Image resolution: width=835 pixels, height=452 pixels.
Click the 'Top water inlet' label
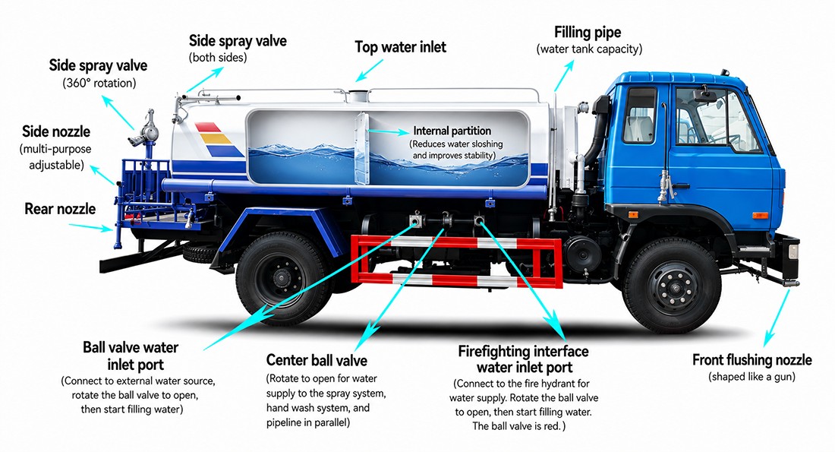click(401, 47)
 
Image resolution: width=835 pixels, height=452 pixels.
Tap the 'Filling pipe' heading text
click(588, 33)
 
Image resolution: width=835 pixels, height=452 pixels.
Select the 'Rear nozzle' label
click(60, 208)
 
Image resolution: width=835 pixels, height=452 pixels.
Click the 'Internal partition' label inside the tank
click(452, 131)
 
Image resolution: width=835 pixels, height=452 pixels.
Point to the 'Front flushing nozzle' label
click(752, 360)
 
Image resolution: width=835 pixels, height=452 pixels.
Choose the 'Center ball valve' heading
click(317, 360)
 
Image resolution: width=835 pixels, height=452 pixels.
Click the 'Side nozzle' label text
click(56, 131)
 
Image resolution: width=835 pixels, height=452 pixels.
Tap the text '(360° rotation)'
click(99, 83)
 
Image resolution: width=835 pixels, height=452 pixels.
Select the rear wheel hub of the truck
click(281, 278)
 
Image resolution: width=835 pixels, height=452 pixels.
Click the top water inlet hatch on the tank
click(358, 96)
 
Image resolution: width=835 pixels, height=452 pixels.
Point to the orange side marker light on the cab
click(760, 215)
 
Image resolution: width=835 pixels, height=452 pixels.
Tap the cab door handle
click(680, 186)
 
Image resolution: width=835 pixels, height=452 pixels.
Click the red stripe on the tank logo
click(207, 128)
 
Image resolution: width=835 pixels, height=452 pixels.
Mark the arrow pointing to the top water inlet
click(370, 71)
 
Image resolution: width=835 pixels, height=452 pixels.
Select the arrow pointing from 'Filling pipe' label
click(564, 76)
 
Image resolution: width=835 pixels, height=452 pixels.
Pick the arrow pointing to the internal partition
click(389, 131)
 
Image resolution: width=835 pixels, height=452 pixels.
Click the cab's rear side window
click(640, 115)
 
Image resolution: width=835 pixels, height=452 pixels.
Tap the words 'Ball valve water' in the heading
click(131, 347)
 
